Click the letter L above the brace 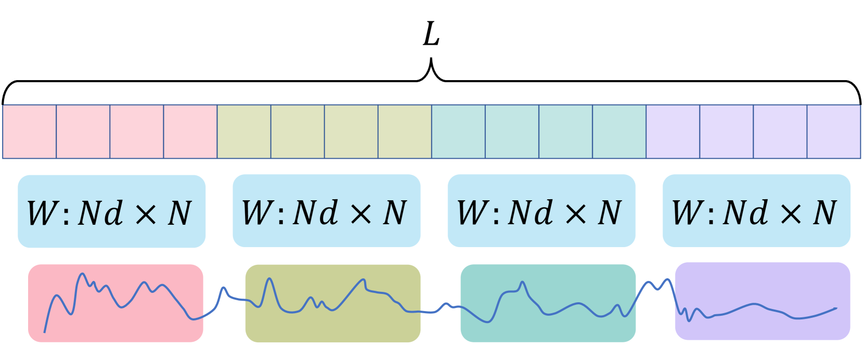(431, 34)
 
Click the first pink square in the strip (30, 132)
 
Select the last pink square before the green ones (190, 132)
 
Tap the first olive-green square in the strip (244, 132)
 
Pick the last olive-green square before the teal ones (405, 132)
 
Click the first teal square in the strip (458, 132)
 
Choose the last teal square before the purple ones (619, 132)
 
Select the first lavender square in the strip (673, 132)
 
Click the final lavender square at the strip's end (833, 132)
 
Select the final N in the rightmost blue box (824, 212)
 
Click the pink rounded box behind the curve (115, 323)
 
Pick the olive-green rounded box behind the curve (333, 325)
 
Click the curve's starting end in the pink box (44, 331)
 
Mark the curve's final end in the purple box (836, 308)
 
